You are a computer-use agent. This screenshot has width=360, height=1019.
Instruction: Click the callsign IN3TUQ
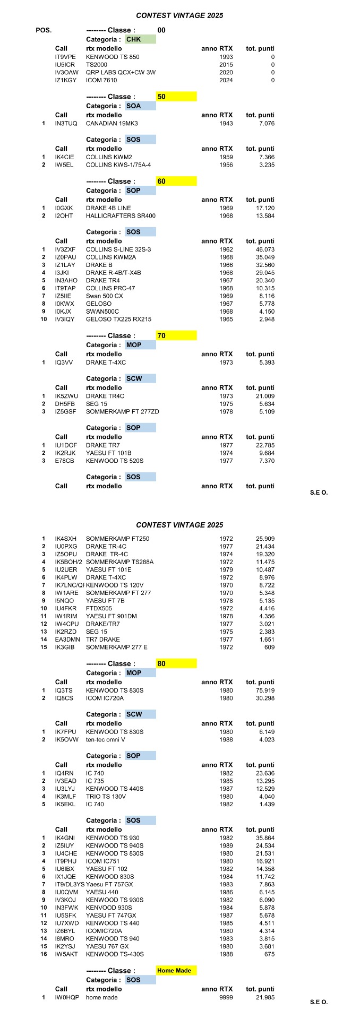click(66, 124)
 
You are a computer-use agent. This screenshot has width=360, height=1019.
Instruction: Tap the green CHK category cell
click(141, 39)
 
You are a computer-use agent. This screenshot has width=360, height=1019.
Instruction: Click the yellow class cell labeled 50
click(176, 97)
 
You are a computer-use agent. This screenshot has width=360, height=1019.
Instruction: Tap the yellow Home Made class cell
click(176, 970)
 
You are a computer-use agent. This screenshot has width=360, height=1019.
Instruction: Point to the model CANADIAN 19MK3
click(112, 124)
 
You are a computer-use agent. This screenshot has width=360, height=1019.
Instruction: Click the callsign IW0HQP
click(67, 997)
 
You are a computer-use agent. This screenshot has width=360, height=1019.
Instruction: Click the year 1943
click(226, 124)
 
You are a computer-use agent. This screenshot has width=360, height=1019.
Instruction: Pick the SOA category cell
click(141, 106)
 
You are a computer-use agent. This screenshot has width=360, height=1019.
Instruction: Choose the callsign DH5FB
click(65, 404)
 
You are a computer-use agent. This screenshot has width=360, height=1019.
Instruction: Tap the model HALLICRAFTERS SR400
click(121, 216)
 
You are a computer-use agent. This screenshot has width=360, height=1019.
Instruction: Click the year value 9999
click(226, 997)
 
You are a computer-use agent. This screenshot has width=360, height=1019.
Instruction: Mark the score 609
click(269, 647)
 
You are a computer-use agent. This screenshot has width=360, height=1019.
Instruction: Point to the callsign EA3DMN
click(67, 640)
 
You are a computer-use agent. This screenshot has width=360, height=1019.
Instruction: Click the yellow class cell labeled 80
click(176, 663)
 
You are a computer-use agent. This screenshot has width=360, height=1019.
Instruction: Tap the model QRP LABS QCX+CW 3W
click(121, 73)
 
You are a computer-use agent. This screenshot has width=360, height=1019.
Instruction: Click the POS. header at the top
click(44, 30)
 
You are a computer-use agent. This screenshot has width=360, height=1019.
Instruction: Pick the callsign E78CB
click(65, 461)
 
